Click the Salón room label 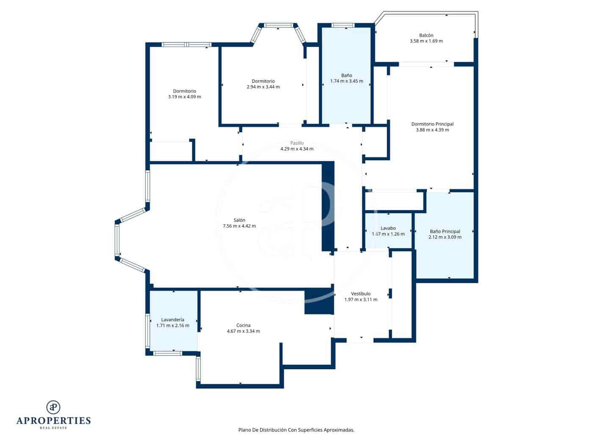[x=239, y=220]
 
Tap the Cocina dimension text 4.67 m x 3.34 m [x=243, y=331]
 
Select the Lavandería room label [x=172, y=320]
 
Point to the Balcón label [x=426, y=35]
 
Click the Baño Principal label [x=445, y=231]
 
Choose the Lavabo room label [x=388, y=228]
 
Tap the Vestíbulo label [x=361, y=294]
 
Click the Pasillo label [x=297, y=143]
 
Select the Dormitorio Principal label [x=432, y=124]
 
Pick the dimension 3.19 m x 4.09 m [x=184, y=97]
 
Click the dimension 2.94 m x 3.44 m [x=263, y=87]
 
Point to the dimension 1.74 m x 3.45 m [x=346, y=81]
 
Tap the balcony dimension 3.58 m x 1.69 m [x=426, y=41]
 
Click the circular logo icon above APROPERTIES [x=53, y=407]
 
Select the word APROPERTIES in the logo [x=53, y=420]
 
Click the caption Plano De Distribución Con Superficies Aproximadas [x=296, y=430]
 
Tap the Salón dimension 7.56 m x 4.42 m [x=239, y=226]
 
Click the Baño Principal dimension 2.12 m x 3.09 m [x=445, y=237]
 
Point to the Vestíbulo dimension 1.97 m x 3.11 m [x=361, y=299]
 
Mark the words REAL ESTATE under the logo [x=53, y=428]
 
